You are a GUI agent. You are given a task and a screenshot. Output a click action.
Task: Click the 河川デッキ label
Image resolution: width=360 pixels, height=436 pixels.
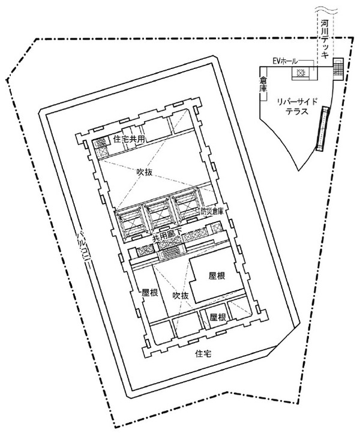click(325, 39)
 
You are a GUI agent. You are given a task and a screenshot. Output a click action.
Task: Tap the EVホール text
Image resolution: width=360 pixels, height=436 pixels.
click(285, 61)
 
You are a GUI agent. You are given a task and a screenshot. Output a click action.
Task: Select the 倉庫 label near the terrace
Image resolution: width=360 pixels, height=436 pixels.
click(263, 84)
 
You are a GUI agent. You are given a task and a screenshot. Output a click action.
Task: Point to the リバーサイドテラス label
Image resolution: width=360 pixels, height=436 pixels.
click(297, 107)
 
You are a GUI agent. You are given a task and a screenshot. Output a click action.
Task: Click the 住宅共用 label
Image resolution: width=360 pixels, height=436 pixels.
click(129, 139)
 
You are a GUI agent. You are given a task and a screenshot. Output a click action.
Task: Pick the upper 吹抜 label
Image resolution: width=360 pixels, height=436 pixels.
click(145, 172)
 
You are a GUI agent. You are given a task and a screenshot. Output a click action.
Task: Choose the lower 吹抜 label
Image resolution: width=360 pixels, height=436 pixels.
click(180, 296)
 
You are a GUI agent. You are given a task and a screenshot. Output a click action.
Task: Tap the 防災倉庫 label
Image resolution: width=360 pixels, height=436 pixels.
click(212, 211)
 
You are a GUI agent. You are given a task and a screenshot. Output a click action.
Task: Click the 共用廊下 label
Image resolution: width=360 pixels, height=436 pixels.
click(167, 237)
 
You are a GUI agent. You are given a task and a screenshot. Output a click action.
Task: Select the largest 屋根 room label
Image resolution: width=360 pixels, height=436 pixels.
click(217, 276)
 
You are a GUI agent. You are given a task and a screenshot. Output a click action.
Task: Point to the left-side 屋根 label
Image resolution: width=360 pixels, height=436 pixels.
click(150, 293)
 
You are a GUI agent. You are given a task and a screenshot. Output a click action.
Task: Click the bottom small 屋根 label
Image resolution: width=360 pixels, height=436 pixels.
click(218, 317)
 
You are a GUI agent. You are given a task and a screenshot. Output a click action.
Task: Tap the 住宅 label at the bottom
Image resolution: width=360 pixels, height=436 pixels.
click(203, 354)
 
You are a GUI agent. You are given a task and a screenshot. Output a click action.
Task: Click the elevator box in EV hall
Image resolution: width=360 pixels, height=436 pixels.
click(301, 73)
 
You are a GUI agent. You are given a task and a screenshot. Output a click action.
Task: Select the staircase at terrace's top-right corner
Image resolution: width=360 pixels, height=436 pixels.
click(338, 69)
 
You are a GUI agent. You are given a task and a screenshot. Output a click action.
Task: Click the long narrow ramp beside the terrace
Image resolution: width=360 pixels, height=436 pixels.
click(323, 128)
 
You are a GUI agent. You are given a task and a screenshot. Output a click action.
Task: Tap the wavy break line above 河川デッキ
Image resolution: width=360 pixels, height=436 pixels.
click(326, 11)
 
